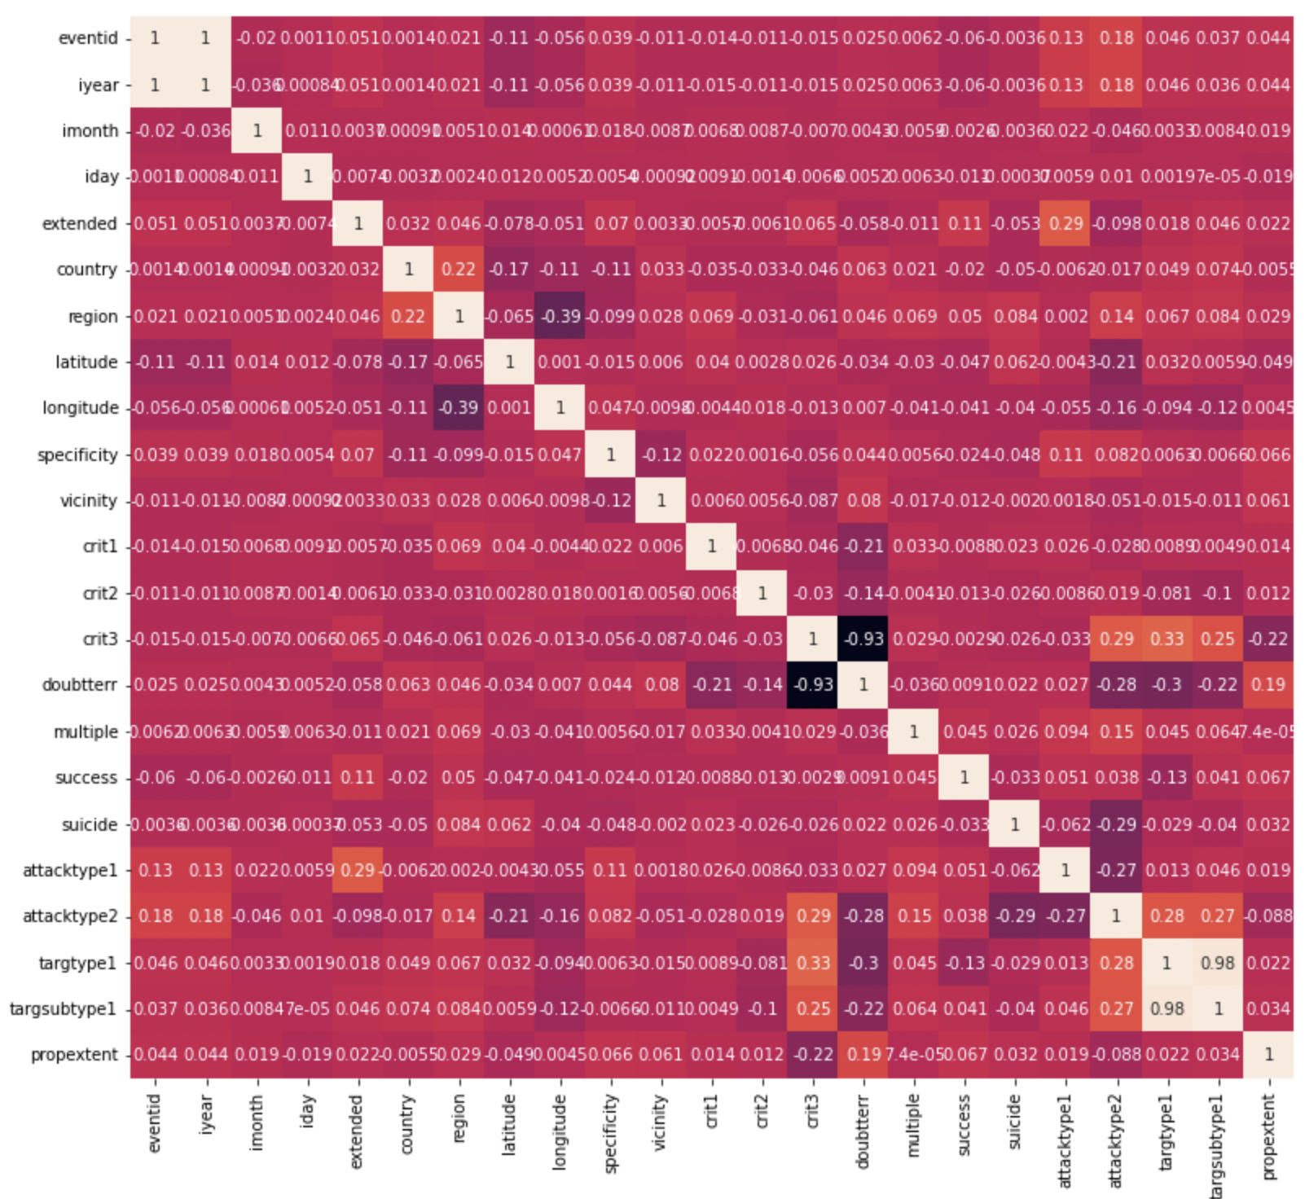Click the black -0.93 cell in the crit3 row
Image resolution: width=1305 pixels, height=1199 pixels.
click(x=863, y=639)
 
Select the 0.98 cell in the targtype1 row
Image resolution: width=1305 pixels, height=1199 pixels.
click(x=1218, y=963)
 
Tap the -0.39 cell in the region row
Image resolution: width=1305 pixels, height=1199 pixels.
click(x=560, y=316)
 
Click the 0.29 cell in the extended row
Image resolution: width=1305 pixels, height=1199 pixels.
click(x=1066, y=223)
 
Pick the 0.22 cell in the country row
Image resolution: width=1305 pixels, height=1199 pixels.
click(x=459, y=270)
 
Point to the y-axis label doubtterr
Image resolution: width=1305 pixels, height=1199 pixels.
click(x=80, y=685)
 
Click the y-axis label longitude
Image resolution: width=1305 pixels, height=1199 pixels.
click(x=81, y=407)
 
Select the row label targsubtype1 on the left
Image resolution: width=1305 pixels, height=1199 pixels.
click(x=63, y=1008)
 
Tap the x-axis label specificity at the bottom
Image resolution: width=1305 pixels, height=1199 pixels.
click(x=611, y=1133)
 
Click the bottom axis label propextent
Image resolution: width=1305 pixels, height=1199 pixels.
click(x=1268, y=1136)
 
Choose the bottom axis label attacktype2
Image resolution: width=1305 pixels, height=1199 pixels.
click(x=1116, y=1140)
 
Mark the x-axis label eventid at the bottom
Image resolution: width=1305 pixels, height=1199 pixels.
click(x=155, y=1123)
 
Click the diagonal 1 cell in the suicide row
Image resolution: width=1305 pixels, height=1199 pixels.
click(x=1014, y=824)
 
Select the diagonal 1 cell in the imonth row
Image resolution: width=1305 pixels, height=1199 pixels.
click(x=257, y=130)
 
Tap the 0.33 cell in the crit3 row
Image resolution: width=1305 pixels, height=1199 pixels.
click(x=1167, y=639)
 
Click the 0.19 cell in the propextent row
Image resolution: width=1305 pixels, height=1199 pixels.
click(x=863, y=1055)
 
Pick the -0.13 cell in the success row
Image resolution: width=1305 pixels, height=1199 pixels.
click(x=1167, y=778)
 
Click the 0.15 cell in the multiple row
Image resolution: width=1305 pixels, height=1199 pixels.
click(x=1116, y=732)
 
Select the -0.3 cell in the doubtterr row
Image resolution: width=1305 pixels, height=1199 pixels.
click(x=1167, y=685)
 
